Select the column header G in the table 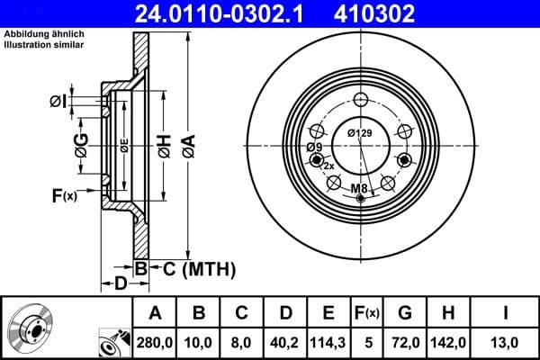404,314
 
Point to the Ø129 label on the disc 360,134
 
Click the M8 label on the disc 359,188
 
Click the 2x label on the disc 328,166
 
